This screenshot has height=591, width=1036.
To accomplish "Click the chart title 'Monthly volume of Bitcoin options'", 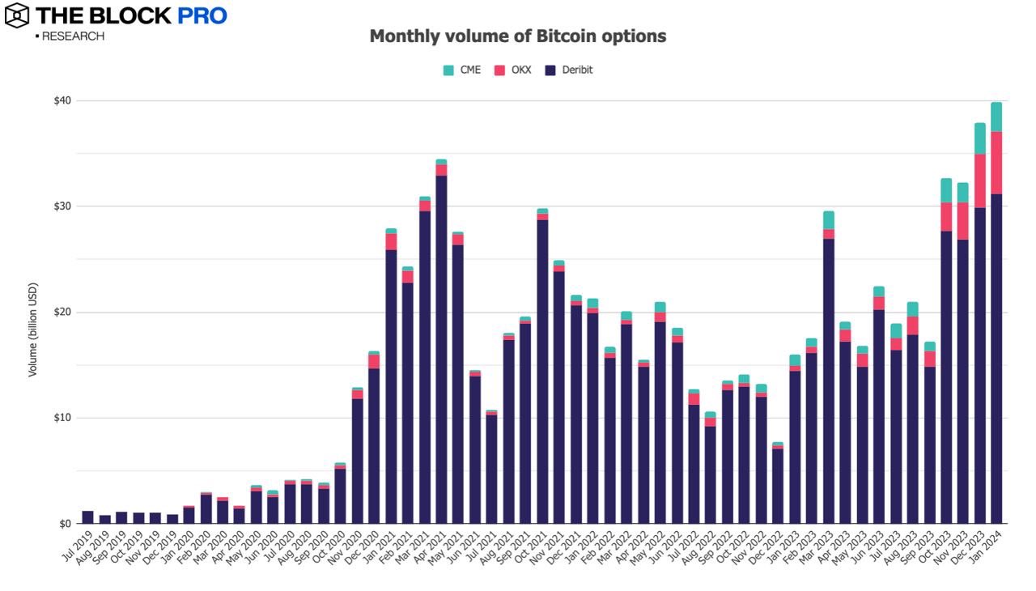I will (x=518, y=36).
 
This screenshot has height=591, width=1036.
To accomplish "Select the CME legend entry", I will (x=462, y=70).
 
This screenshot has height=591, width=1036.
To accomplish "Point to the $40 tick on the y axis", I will (x=63, y=100).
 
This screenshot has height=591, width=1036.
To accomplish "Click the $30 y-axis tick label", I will (x=63, y=206).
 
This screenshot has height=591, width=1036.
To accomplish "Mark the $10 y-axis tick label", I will (x=63, y=418).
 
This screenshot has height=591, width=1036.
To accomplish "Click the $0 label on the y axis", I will (x=66, y=524).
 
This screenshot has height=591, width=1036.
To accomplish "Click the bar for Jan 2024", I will (x=996, y=356).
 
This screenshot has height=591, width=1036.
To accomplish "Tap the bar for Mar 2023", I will (x=829, y=381).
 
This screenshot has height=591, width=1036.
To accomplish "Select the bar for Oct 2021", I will (x=542, y=372).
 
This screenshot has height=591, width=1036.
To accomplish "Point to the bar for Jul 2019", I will (x=87, y=517).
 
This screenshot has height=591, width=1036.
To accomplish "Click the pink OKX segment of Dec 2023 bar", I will (x=980, y=181).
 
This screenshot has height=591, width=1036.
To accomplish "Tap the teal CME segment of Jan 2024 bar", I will (x=996, y=117).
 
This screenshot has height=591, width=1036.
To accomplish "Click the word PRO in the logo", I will (x=202, y=15).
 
